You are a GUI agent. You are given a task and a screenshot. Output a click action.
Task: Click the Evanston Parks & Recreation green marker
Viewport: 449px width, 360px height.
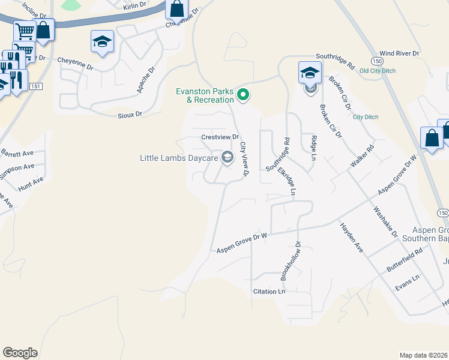(243, 95)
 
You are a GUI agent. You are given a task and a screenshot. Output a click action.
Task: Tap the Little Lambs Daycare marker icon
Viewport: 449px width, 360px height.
(227, 158)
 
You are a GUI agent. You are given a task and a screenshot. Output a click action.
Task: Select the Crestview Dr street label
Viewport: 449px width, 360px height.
(220, 137)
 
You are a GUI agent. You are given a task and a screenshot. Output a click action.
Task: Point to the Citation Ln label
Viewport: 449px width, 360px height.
(268, 292)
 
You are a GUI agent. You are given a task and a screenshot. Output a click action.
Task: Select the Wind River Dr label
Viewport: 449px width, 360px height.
(399, 53)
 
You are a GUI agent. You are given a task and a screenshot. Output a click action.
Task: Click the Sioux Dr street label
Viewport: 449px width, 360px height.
(130, 113)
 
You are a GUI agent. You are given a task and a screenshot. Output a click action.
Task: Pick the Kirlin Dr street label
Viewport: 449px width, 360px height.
(134, 5)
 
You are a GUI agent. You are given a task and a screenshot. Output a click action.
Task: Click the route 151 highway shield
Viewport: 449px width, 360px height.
(36, 86)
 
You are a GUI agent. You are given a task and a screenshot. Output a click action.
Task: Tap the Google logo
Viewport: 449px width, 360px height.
(20, 353)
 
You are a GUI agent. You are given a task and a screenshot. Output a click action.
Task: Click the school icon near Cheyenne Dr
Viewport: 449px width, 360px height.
(102, 42)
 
